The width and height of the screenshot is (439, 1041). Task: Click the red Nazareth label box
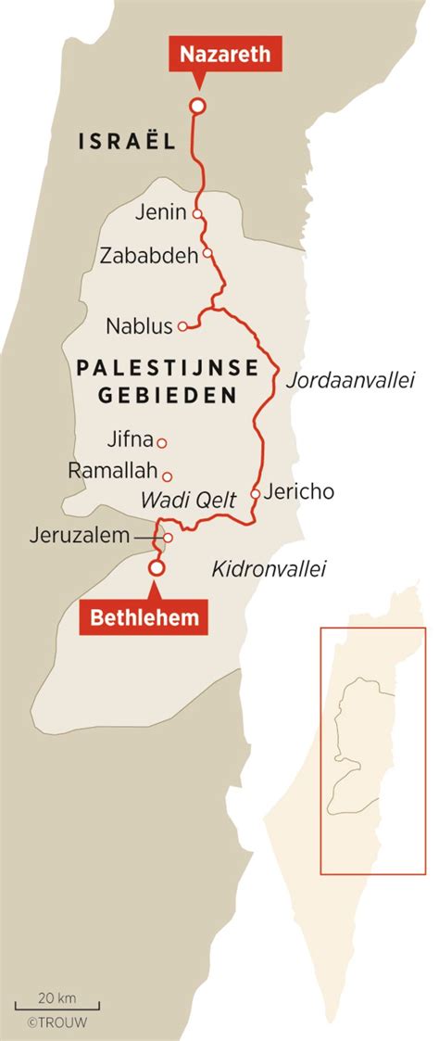[225, 54]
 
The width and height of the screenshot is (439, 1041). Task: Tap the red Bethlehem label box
[144, 616]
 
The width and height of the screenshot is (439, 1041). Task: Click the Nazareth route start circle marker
[196, 106]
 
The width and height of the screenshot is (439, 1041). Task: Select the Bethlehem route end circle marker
[157, 567]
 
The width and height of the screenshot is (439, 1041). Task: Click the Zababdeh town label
[149, 255]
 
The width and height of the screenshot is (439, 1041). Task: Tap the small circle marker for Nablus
[183, 326]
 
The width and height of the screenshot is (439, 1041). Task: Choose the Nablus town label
[139, 326]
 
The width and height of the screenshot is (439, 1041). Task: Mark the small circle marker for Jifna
[161, 443]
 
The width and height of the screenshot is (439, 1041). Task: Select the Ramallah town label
[113, 472]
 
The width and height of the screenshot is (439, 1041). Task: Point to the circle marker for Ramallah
[168, 476]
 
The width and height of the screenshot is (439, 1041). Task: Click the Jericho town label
[298, 492]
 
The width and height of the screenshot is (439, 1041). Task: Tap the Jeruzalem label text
[78, 536]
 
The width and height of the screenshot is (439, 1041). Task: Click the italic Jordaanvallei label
[350, 380]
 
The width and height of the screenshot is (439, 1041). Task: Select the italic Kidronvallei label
[270, 569]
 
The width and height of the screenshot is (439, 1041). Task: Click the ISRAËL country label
[127, 141]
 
